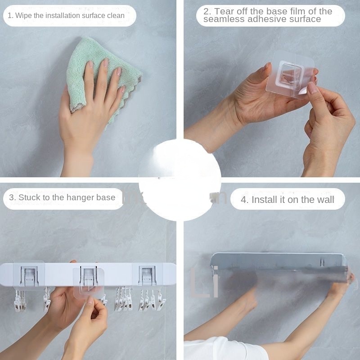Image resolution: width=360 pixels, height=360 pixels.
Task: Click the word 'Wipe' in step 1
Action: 25,15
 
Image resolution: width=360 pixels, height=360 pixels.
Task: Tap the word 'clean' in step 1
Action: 115,15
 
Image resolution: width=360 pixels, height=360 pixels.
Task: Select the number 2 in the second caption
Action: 206,12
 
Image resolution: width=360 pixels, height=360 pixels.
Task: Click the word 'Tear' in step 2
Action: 225,12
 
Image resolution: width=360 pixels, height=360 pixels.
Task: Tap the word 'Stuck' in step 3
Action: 29,198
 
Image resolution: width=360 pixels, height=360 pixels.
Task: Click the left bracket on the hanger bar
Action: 29,275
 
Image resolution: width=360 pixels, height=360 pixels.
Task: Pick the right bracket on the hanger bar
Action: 147,275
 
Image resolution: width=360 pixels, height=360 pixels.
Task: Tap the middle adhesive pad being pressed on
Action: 88,281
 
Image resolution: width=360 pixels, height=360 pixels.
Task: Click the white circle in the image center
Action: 180,180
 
